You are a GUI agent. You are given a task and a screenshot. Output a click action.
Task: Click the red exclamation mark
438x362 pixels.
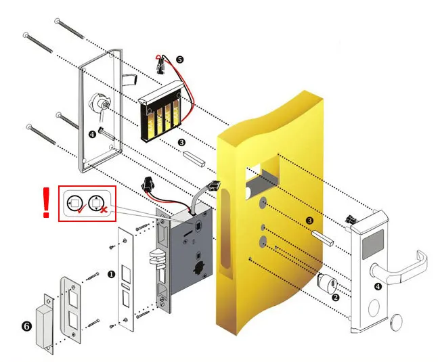(x=46, y=203)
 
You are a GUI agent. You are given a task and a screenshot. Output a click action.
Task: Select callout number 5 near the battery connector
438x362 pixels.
(x=179, y=60)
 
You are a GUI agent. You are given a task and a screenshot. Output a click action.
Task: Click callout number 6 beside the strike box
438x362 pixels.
(x=26, y=325)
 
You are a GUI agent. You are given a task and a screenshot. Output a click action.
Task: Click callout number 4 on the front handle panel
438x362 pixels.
(x=377, y=287)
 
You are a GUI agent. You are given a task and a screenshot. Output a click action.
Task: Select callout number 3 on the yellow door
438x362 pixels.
(x=309, y=221)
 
